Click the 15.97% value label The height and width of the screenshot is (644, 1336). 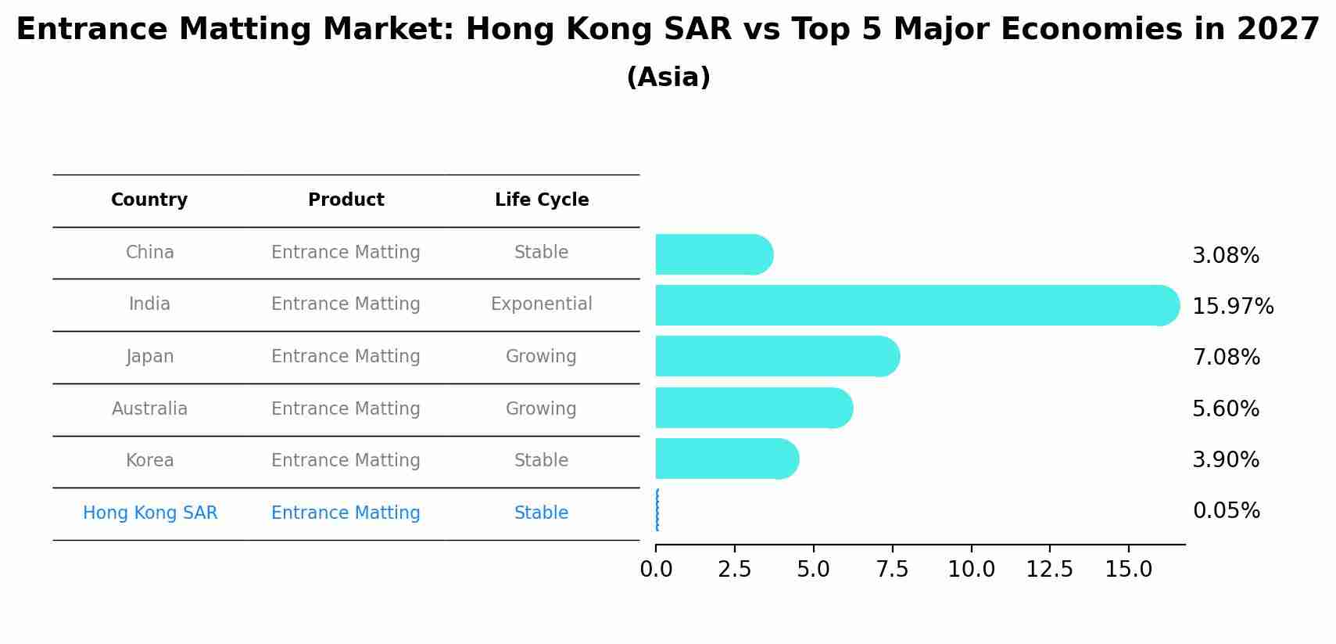[x=1233, y=306]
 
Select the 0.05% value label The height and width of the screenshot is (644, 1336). [x=1226, y=511]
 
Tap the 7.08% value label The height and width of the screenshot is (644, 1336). [x=1226, y=357]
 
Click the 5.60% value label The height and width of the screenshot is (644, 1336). [x=1225, y=408]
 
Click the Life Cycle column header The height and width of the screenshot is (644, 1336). [x=542, y=200]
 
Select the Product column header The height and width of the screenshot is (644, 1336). [x=346, y=200]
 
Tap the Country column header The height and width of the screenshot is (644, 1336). [x=149, y=200]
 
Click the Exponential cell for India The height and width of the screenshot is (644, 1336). [x=541, y=304]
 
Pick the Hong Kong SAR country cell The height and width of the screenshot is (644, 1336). [x=150, y=513]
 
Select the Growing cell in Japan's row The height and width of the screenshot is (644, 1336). [x=541, y=356]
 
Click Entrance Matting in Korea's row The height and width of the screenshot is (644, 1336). [x=346, y=460]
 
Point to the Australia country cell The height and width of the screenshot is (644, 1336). [x=149, y=408]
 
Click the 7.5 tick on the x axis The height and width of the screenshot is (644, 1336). [x=892, y=569]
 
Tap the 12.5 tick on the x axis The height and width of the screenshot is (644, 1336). [x=1049, y=569]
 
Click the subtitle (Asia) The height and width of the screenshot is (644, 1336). [x=668, y=77]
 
